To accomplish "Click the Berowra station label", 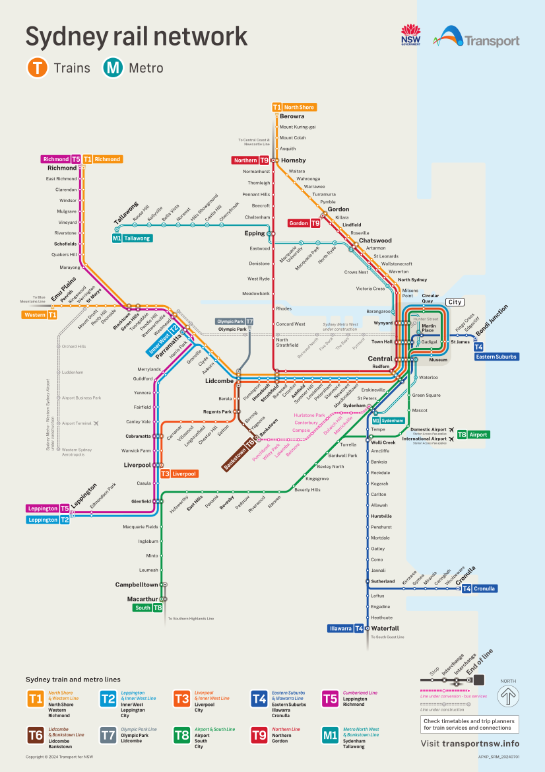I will (x=292, y=116).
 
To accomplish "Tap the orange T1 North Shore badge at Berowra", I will (x=294, y=107).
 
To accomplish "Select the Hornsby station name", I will (x=293, y=160).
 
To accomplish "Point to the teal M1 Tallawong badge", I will (x=132, y=238).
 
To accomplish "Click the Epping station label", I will (x=254, y=233).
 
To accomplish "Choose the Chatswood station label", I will (x=375, y=240).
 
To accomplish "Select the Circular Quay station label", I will (x=430, y=298).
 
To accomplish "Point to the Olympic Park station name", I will (x=232, y=329).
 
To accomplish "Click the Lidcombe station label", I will (x=220, y=382).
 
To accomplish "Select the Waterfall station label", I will (x=385, y=628).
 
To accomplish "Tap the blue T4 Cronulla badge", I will (x=479, y=588).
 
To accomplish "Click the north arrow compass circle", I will (x=508, y=695).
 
